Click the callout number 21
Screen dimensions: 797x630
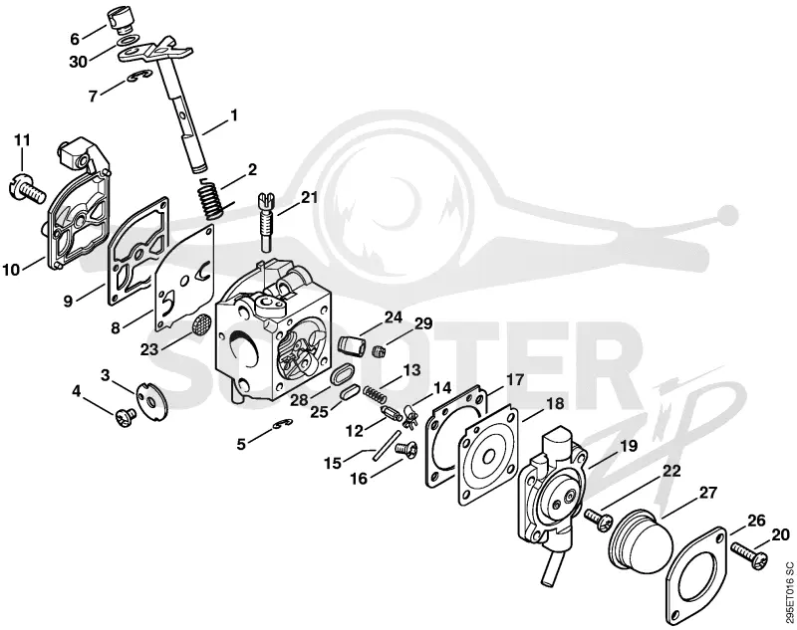pyautogui.click(x=309, y=197)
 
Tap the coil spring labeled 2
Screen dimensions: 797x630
pyautogui.click(x=210, y=199)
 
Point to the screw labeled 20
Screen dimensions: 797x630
pyautogui.click(x=749, y=552)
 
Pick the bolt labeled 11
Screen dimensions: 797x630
pyautogui.click(x=25, y=190)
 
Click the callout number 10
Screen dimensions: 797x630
pyautogui.click(x=11, y=269)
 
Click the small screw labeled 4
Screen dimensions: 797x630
pyautogui.click(x=126, y=417)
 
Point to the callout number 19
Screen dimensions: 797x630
pyautogui.click(x=629, y=446)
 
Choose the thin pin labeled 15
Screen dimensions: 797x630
pyautogui.click(x=385, y=446)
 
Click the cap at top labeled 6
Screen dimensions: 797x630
pyautogui.click(x=121, y=21)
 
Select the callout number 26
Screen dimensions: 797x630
pyautogui.click(x=756, y=521)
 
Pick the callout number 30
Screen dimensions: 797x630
pyautogui.click(x=79, y=62)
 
